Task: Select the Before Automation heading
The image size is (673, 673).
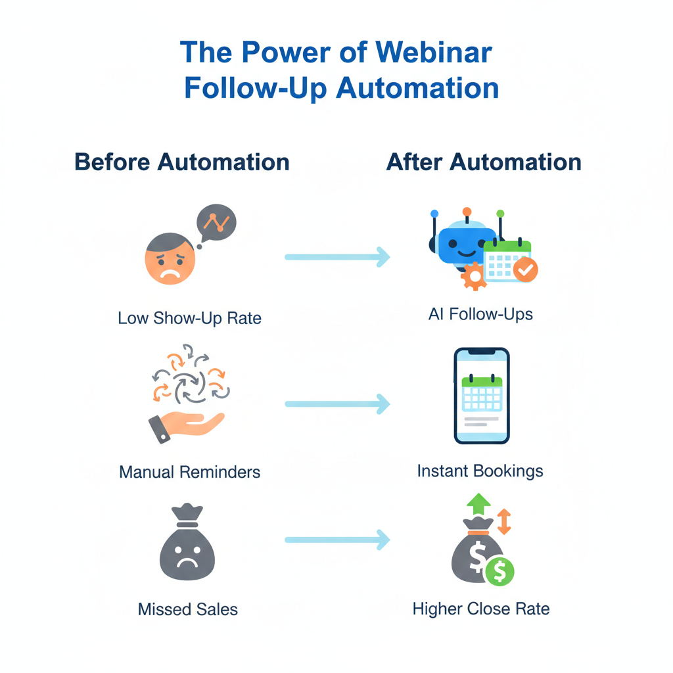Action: [x=182, y=162]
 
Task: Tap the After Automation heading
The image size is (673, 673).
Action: [x=484, y=162]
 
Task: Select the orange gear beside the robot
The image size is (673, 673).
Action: [x=473, y=277]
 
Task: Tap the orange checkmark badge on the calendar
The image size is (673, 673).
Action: [x=526, y=269]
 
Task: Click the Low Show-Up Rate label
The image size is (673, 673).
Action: [x=189, y=319]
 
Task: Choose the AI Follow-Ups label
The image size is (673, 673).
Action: [x=480, y=314]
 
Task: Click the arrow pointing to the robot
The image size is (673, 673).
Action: [x=337, y=257]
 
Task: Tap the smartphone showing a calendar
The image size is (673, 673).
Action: [x=482, y=396]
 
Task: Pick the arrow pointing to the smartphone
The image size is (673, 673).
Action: [x=337, y=404]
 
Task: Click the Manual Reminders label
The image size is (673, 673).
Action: [x=189, y=472]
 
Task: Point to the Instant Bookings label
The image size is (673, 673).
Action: [x=480, y=471]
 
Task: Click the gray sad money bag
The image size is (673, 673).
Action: [x=187, y=547]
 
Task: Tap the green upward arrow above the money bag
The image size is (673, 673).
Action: [x=477, y=505]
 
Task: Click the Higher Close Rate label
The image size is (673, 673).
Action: [x=481, y=609]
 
